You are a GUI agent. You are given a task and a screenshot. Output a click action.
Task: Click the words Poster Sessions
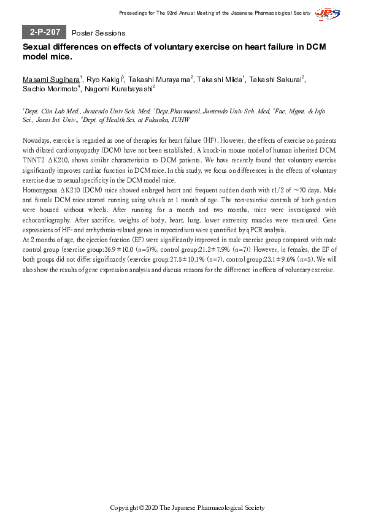coord(98,33)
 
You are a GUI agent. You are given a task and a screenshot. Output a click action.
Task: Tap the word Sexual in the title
coord(39,47)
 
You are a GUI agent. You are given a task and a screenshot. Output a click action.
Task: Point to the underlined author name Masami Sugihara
coord(50,80)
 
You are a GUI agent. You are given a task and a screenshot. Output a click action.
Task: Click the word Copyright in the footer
coord(124,507)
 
